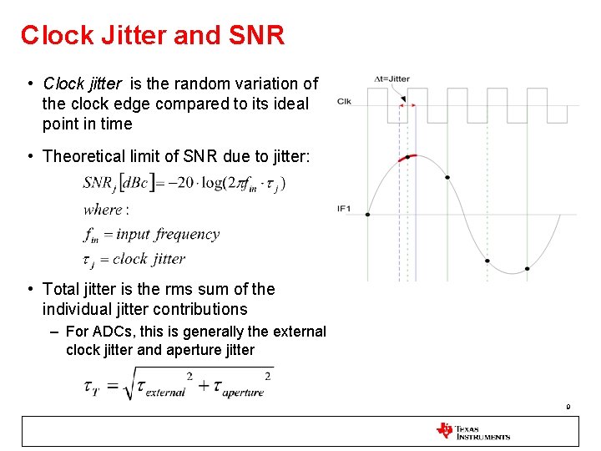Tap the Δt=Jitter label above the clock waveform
[x=391, y=79]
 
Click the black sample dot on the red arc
[x=407, y=157]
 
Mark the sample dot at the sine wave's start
[x=367, y=215]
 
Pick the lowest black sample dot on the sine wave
[x=527, y=269]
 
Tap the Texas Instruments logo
[x=472, y=431]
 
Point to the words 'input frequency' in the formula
[x=168, y=235]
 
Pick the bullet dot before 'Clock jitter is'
[x=29, y=84]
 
